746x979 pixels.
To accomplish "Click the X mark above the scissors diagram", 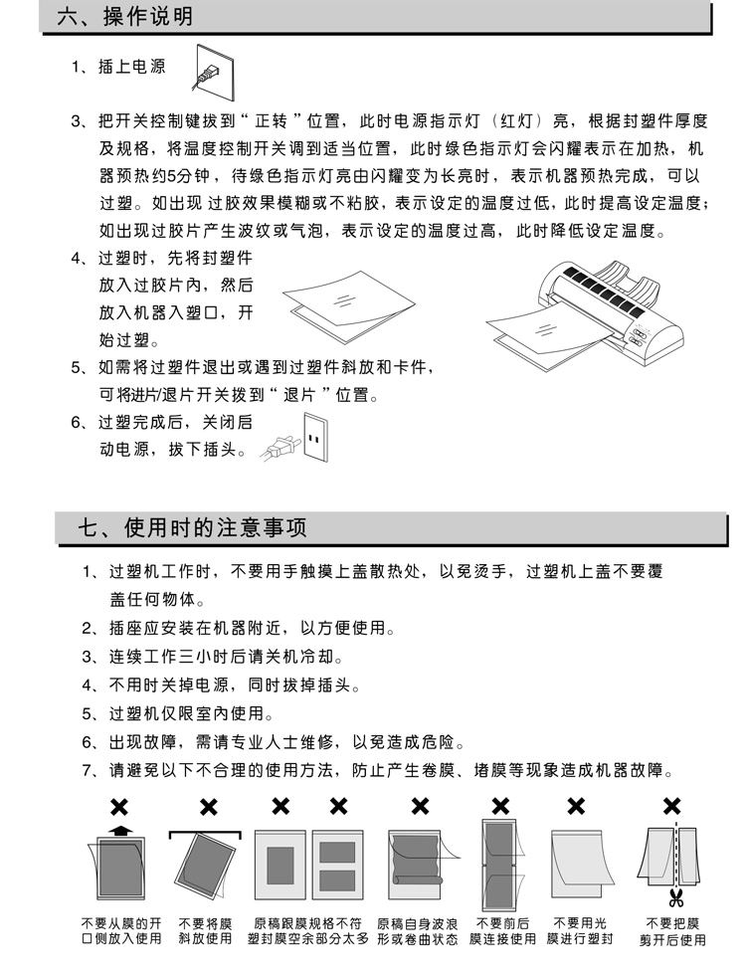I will tap(671, 805).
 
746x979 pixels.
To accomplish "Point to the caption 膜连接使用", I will tap(503, 938).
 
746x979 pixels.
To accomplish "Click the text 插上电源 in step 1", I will tap(132, 68).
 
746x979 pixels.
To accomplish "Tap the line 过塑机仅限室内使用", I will tap(190, 713).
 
